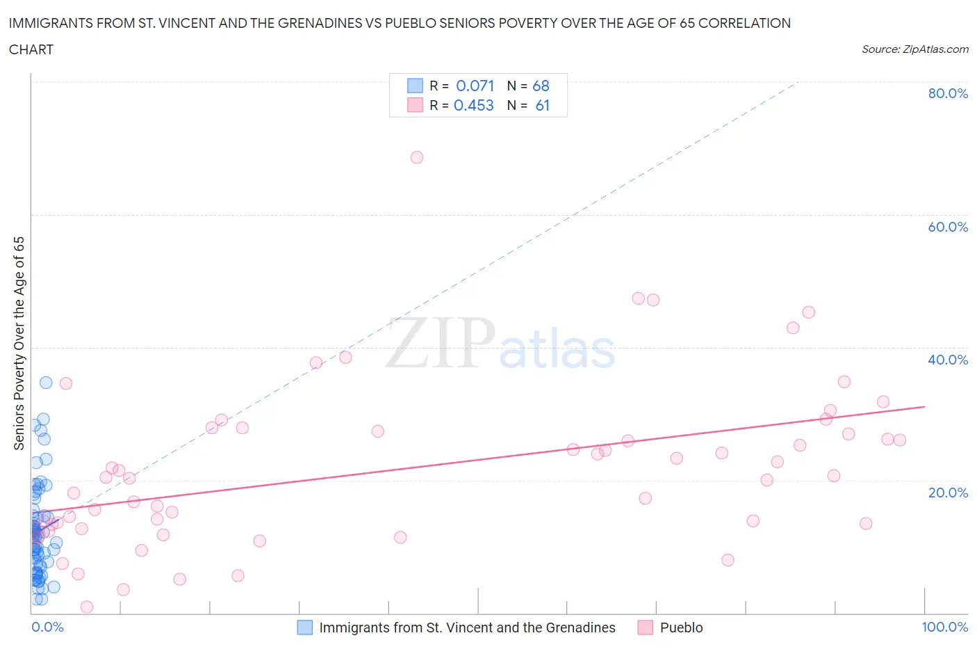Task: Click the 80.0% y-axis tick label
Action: coord(948,93)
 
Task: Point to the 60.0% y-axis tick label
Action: coord(948,227)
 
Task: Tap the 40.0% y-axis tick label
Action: coord(948,360)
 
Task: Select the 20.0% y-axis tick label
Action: coord(948,493)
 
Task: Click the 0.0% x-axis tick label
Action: coord(47,627)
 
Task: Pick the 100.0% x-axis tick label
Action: coord(944,627)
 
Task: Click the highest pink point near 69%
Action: coord(417,157)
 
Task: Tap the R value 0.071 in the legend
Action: coord(475,86)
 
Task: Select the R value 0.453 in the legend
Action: coord(473,105)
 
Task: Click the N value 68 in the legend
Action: coord(541,86)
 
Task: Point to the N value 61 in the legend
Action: coord(542,105)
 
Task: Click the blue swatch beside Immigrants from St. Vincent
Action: coord(305,628)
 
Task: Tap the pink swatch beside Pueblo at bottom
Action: coord(646,628)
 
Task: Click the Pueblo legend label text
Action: coord(681,628)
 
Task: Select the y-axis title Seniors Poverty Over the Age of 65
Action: coord(19,343)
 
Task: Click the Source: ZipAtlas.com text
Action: coord(914,49)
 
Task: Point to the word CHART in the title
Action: coord(31,49)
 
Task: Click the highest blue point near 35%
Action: coord(46,383)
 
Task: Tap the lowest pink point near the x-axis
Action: coord(87,607)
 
